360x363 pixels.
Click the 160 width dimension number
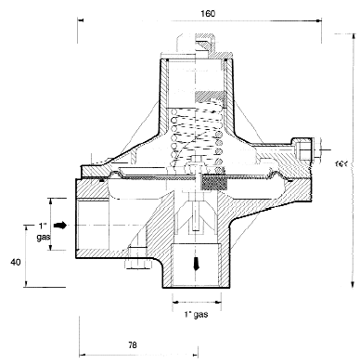tap(208, 14)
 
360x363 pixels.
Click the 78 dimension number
tap(132, 344)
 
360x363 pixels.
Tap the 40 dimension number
tap(16, 262)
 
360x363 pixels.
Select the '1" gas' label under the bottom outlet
tap(196, 315)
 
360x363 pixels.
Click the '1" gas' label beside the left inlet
tap(44, 231)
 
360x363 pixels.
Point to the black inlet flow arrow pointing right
tap(60, 226)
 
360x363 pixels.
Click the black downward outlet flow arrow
tap(196, 264)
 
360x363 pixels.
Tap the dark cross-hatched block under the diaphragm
tap(214, 183)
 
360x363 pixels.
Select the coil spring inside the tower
tap(197, 137)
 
